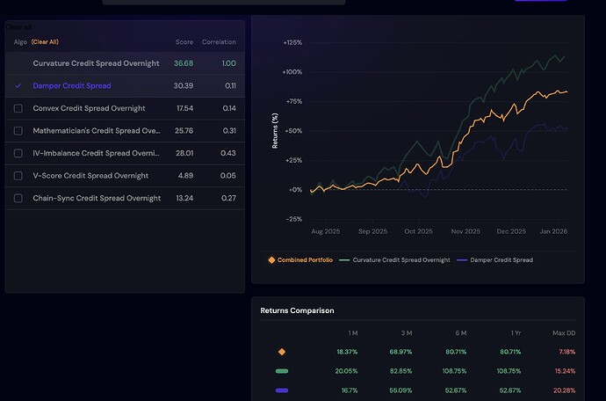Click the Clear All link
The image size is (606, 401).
tap(45, 42)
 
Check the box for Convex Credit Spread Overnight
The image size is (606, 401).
tap(18, 108)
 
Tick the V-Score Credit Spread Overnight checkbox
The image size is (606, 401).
tap(18, 176)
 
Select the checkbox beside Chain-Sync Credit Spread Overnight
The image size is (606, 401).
tap(18, 198)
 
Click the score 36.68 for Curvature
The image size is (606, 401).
tap(184, 63)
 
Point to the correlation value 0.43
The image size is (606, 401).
tap(229, 153)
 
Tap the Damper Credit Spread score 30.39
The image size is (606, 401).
tap(184, 86)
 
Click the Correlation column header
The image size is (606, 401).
tap(219, 42)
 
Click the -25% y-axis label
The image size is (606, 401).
tap(293, 219)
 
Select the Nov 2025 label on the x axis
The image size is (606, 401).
tap(465, 231)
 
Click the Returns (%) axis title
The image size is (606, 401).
tap(275, 130)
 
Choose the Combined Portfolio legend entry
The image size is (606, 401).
tap(300, 259)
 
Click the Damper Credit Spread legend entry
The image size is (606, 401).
tap(500, 259)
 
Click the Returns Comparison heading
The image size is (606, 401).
tap(297, 310)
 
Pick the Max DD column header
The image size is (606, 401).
tap(562, 332)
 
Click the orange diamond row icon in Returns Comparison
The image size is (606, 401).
tap(282, 352)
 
